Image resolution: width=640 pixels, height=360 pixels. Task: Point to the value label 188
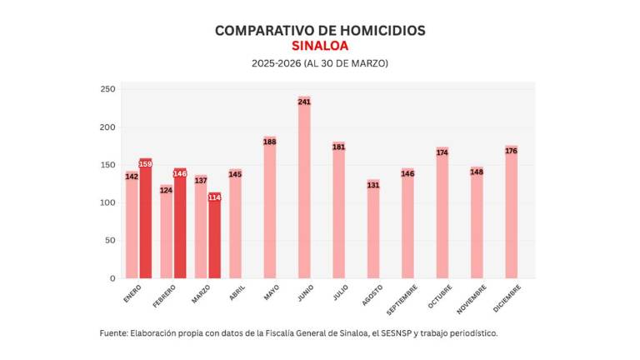(270, 142)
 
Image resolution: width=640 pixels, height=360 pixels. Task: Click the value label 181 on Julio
(339, 147)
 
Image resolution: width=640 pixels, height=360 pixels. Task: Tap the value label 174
(442, 152)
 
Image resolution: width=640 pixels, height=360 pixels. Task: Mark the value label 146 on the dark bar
(180, 173)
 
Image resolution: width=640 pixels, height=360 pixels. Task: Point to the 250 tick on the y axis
(107, 90)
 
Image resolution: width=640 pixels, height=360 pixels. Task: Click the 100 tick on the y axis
(107, 202)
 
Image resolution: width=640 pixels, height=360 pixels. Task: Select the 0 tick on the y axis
(112, 278)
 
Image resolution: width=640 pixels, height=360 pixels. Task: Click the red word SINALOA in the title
(320, 47)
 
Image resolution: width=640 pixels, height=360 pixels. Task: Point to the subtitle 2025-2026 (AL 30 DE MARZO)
(320, 63)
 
